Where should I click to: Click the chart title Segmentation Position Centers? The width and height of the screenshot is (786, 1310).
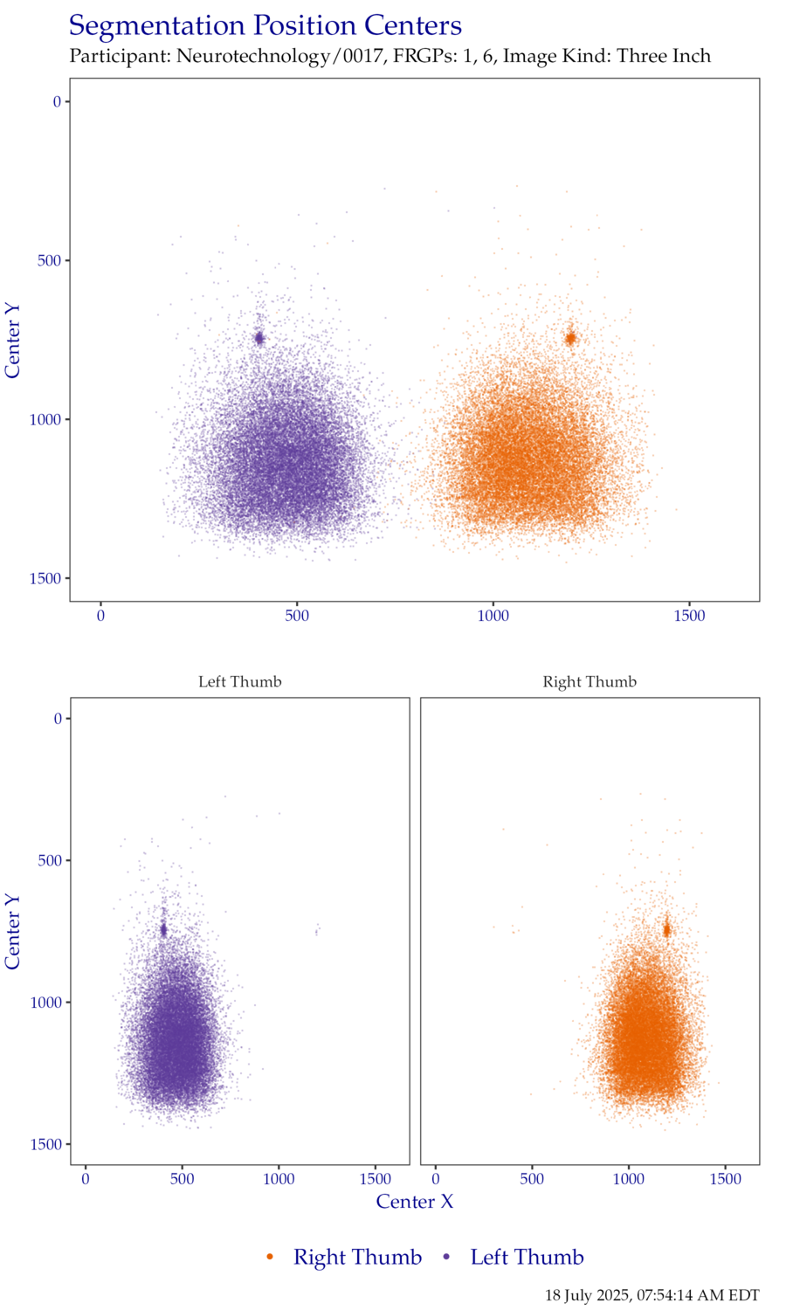(x=265, y=26)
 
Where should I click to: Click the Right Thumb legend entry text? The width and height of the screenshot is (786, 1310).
(x=357, y=1258)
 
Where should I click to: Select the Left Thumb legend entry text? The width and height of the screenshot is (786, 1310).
(x=527, y=1258)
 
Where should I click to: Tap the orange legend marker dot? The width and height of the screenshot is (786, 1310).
(x=270, y=1257)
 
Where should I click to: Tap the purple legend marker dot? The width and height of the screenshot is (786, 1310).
(x=447, y=1257)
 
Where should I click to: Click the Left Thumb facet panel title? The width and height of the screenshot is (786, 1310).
(x=239, y=681)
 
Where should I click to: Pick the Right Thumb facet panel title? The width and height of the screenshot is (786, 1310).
(x=589, y=681)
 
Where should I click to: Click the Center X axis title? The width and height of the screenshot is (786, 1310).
(x=415, y=1202)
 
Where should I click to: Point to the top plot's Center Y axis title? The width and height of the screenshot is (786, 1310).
(x=12, y=341)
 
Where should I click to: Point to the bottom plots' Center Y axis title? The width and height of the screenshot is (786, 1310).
(x=12, y=931)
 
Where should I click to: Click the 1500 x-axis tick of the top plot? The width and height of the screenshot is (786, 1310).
(x=689, y=617)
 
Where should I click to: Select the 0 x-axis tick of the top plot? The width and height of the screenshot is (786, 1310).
(x=100, y=617)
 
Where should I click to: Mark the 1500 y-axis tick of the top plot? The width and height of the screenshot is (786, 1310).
(x=45, y=578)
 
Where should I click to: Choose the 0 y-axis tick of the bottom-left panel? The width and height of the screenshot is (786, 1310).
(x=58, y=719)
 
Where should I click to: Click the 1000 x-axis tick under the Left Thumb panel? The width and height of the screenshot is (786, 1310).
(x=279, y=1179)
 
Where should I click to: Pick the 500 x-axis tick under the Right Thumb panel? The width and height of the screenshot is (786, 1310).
(x=532, y=1179)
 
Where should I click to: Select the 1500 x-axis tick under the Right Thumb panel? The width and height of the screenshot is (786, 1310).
(x=725, y=1179)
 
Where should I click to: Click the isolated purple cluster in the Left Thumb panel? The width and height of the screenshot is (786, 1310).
(x=317, y=929)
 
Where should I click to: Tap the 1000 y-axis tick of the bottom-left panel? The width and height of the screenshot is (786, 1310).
(x=45, y=1003)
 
